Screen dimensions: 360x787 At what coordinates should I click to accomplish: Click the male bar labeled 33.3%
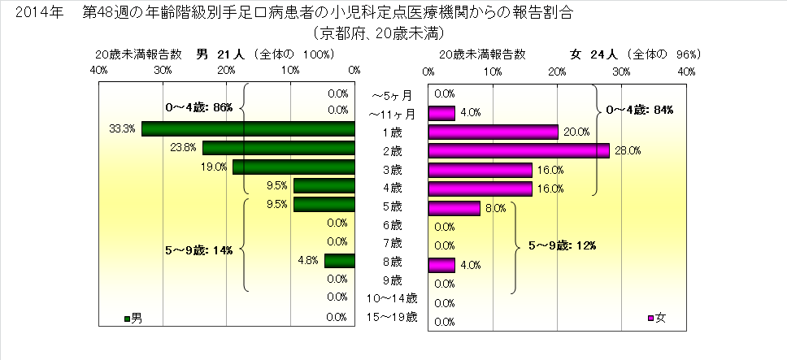pos(248,129)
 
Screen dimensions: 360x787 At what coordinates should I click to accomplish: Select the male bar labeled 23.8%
pos(279,148)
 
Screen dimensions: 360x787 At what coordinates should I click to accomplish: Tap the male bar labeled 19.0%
pos(293,167)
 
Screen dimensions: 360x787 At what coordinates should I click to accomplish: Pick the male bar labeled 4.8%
pos(340,261)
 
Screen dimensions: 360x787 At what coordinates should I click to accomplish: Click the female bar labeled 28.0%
pos(519,150)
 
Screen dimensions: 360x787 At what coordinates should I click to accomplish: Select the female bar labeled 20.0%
pos(493,132)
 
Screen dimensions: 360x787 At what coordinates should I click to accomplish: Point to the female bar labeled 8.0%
pos(454,207)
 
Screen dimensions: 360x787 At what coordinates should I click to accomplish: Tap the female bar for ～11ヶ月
pos(441,112)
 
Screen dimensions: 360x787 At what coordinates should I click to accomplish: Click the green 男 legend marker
pos(127,317)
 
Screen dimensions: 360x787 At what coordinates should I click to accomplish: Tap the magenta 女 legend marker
pos(650,317)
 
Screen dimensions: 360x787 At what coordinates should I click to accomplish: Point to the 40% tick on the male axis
pos(99,72)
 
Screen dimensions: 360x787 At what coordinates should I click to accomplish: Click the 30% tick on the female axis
pos(622,72)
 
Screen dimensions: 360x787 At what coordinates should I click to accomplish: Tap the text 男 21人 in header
pos(220,54)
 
